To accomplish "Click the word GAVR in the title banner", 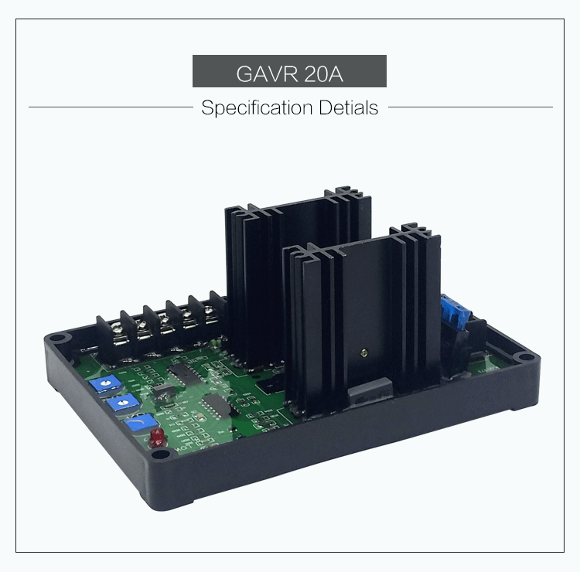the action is [x=267, y=73].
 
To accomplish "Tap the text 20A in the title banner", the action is [x=324, y=73].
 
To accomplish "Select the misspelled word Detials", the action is [x=349, y=107].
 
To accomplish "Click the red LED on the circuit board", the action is [x=157, y=436].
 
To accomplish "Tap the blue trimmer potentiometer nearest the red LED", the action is [x=141, y=422].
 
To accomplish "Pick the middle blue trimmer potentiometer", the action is [x=122, y=402].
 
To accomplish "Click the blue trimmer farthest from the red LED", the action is [x=105, y=383].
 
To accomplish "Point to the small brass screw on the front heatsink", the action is [x=364, y=353].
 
